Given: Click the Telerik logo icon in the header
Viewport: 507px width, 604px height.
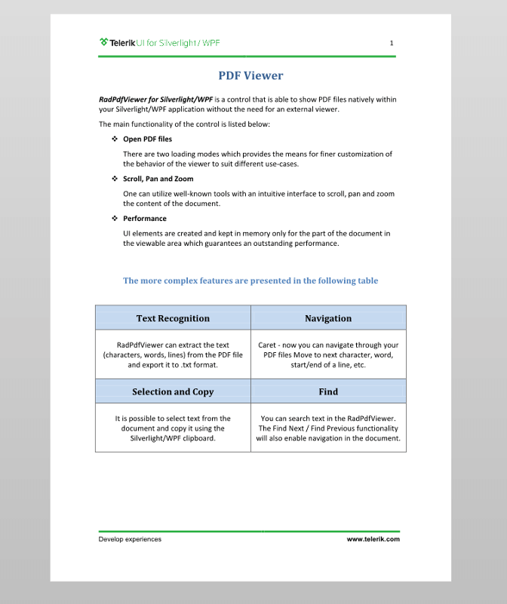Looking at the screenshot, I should (x=103, y=43).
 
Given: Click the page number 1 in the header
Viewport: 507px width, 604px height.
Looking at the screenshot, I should (x=392, y=43).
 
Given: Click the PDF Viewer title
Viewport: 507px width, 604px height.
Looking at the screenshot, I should (x=250, y=75).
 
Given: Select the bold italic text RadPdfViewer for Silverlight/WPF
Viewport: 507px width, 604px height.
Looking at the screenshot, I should (x=155, y=99).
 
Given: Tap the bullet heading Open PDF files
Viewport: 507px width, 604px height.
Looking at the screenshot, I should (x=147, y=140).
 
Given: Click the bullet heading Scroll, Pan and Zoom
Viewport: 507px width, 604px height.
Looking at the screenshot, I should (x=158, y=179).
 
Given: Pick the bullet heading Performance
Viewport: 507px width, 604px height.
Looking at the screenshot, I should (x=145, y=219).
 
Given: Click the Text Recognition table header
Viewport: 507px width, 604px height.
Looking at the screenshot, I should (x=173, y=318).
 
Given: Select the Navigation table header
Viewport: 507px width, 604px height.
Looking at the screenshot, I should (x=328, y=318).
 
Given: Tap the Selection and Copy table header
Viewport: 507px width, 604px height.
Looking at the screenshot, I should (x=173, y=391).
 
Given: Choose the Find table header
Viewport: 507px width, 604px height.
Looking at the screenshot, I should (x=328, y=391).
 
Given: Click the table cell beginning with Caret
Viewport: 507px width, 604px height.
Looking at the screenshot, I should (x=328, y=354).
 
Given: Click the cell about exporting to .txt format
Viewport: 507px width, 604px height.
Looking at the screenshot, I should (x=173, y=354).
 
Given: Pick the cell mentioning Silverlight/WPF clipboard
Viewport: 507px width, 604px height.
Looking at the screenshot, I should (x=173, y=428).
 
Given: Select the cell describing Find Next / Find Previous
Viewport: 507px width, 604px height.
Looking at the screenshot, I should (x=328, y=428).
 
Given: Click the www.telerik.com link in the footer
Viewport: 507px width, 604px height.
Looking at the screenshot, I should (x=373, y=539).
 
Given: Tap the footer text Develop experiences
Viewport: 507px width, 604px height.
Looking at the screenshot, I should (x=130, y=539).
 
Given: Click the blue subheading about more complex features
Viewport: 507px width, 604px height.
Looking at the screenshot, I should (x=250, y=281).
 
